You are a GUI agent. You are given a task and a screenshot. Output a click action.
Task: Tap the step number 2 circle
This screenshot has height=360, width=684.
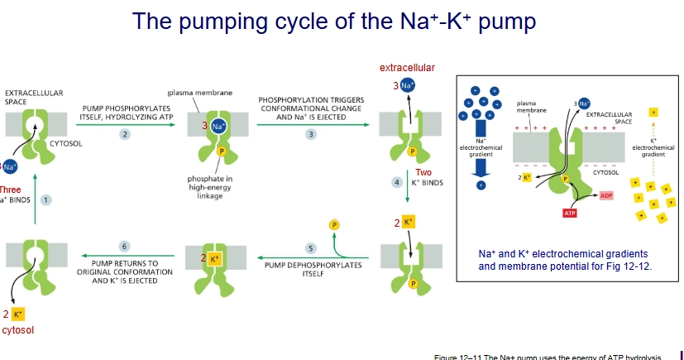(x=125, y=133)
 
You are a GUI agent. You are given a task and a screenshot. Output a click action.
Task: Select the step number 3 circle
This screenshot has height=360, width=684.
(x=311, y=133)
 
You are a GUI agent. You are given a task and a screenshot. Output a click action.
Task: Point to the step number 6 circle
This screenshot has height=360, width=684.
(x=125, y=247)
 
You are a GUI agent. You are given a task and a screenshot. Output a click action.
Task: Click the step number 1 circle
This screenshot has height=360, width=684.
(x=46, y=199)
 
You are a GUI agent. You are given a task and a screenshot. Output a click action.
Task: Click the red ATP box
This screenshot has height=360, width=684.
(x=569, y=213)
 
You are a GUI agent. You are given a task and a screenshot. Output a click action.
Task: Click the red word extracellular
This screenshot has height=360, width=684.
(x=407, y=67)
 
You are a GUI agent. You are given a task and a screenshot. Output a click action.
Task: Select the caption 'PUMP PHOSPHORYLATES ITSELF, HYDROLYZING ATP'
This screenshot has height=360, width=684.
(x=126, y=113)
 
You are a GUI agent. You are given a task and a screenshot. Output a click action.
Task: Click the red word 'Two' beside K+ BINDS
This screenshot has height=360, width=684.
(x=423, y=172)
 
